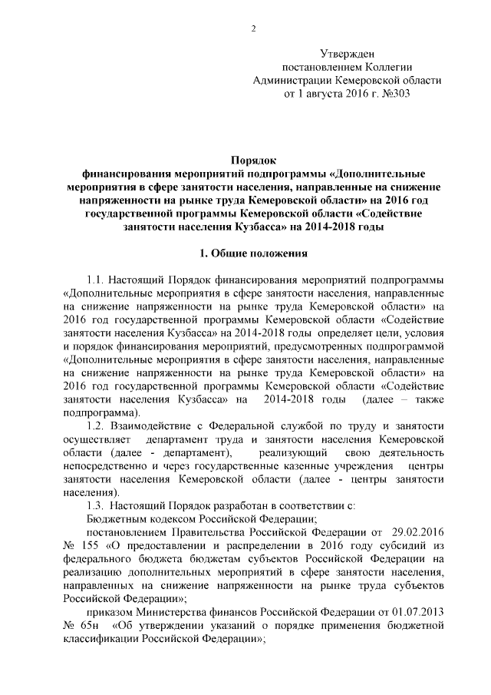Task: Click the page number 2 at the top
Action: click(252, 29)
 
